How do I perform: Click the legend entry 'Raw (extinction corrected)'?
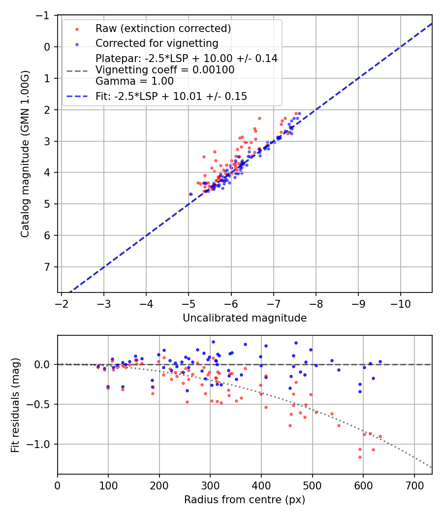coord(163,28)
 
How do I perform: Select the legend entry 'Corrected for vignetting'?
coord(157,43)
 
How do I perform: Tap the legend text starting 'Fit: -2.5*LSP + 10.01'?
coord(171,97)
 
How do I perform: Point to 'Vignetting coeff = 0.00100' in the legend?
coord(165,70)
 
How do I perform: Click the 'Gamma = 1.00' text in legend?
coord(134,81)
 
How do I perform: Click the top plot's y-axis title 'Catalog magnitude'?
coord(25,154)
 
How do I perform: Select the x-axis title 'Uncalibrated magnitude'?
coord(245,318)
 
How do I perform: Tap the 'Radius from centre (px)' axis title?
coord(245,500)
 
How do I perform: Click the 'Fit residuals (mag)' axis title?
coord(15,405)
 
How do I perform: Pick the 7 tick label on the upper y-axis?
coord(48,267)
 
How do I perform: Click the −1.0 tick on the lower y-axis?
coord(41,444)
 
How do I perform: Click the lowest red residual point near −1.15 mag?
coord(360,457)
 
